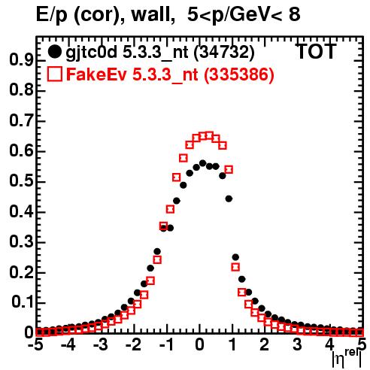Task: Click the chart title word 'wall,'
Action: click(153, 14)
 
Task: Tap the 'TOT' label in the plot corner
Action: click(316, 51)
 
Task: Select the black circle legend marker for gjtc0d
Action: click(54, 52)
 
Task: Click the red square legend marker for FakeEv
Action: click(54, 74)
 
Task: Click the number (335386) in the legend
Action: click(239, 74)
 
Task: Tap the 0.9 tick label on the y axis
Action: click(21, 60)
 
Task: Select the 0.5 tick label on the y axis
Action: click(21, 181)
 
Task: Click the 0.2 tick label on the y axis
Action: click(21, 272)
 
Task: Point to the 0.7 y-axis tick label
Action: click(21, 120)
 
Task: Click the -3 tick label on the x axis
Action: click(101, 345)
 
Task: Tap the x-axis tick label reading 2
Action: click(265, 345)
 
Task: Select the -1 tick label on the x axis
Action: click(166, 345)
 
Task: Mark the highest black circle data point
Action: click(202, 163)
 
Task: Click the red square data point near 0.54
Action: click(229, 170)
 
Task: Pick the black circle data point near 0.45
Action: click(229, 199)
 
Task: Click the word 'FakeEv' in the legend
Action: click(96, 74)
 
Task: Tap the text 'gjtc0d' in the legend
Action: click(92, 53)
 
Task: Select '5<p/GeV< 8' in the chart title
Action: click(244, 15)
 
